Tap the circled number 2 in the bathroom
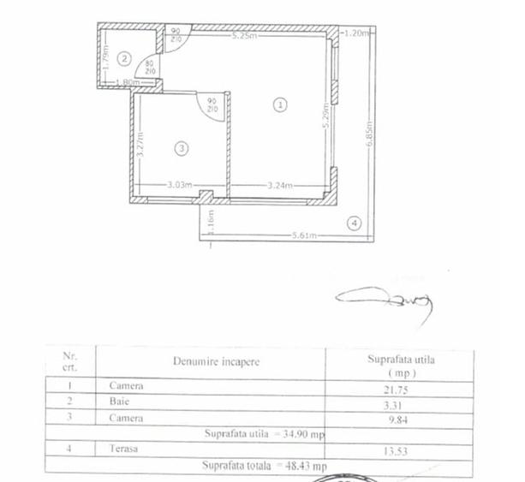tap(124, 58)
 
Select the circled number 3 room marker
tap(180, 148)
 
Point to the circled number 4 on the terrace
tap(353, 224)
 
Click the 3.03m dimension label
tap(177, 184)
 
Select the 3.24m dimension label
tap(280, 184)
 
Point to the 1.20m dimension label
tap(355, 33)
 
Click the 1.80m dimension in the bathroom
tap(125, 81)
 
